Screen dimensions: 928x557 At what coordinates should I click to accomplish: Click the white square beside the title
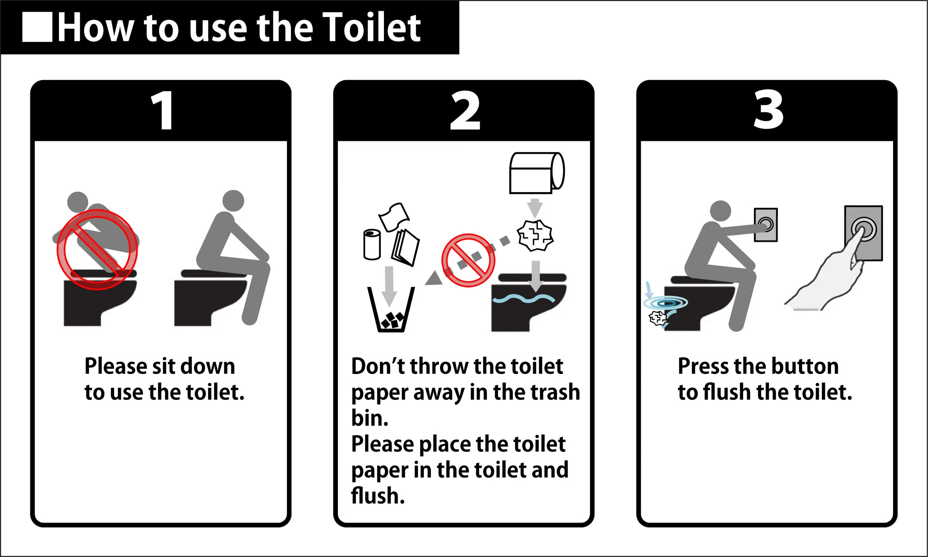[x=37, y=27]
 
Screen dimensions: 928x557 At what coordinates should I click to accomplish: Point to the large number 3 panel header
[x=768, y=109]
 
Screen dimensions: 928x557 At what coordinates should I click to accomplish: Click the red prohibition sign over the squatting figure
[x=97, y=250]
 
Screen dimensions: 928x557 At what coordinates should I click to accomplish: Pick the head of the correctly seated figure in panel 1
[x=233, y=201]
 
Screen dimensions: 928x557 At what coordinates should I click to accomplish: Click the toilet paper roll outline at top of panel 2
[x=537, y=173]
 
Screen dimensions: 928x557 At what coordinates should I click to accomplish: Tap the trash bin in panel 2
[x=391, y=309]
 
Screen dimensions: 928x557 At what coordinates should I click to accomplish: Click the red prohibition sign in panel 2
[x=468, y=261]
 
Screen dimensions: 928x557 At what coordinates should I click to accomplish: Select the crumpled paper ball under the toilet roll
[x=535, y=235]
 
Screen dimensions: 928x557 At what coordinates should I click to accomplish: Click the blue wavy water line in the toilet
[x=524, y=299]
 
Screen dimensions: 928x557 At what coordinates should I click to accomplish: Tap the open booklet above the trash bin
[x=405, y=248]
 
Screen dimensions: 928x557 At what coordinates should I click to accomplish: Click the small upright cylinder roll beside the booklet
[x=372, y=244]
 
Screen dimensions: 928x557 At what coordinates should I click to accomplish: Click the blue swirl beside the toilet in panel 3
[x=665, y=303]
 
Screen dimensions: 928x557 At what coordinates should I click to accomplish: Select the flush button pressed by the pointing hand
[x=863, y=229]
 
